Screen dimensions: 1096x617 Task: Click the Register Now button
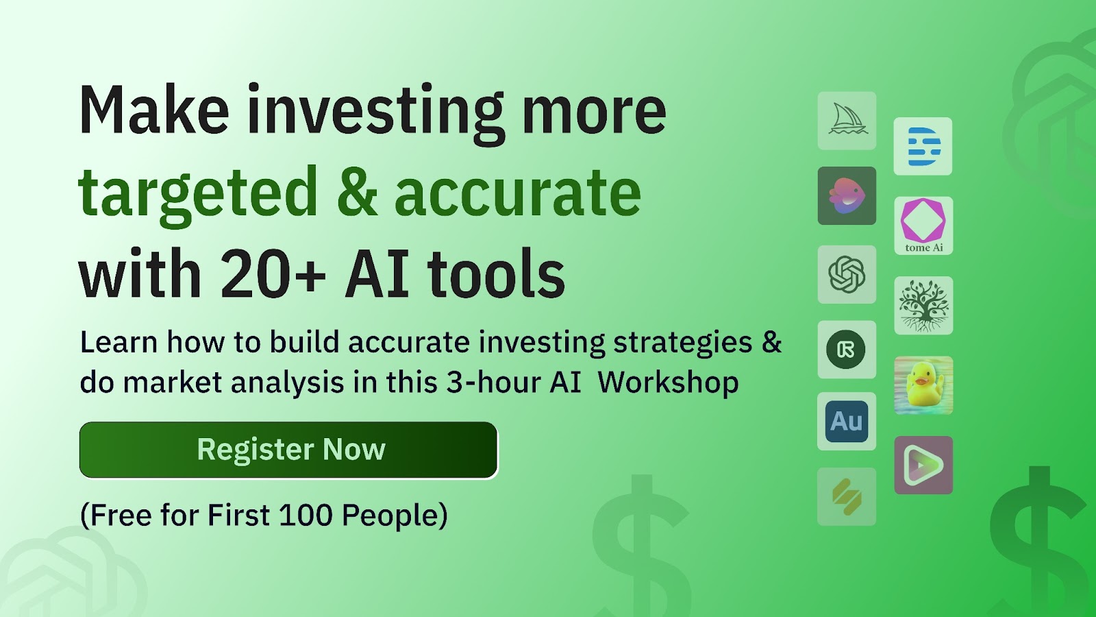pos(288,450)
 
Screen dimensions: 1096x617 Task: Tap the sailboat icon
pos(847,121)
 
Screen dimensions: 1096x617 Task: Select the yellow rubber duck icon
pos(924,385)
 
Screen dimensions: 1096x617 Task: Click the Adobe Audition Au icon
pos(847,421)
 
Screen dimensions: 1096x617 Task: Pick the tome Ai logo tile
pos(924,226)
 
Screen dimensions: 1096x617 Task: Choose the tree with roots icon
pos(924,306)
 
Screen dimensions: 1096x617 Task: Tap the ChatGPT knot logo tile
pos(847,275)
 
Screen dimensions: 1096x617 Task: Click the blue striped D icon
pos(923,147)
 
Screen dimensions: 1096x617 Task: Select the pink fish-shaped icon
pos(847,196)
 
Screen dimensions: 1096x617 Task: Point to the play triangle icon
pos(924,465)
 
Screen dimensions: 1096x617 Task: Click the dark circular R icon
pos(847,350)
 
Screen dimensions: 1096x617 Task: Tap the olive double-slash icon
pos(847,496)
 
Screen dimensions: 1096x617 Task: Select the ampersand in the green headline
pos(357,191)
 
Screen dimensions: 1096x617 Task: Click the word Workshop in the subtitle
pos(668,382)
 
